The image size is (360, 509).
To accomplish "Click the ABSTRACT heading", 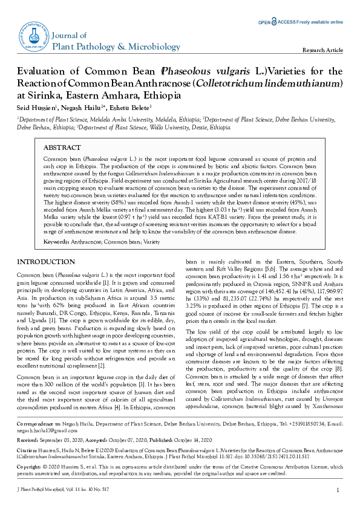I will coord(62,148).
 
